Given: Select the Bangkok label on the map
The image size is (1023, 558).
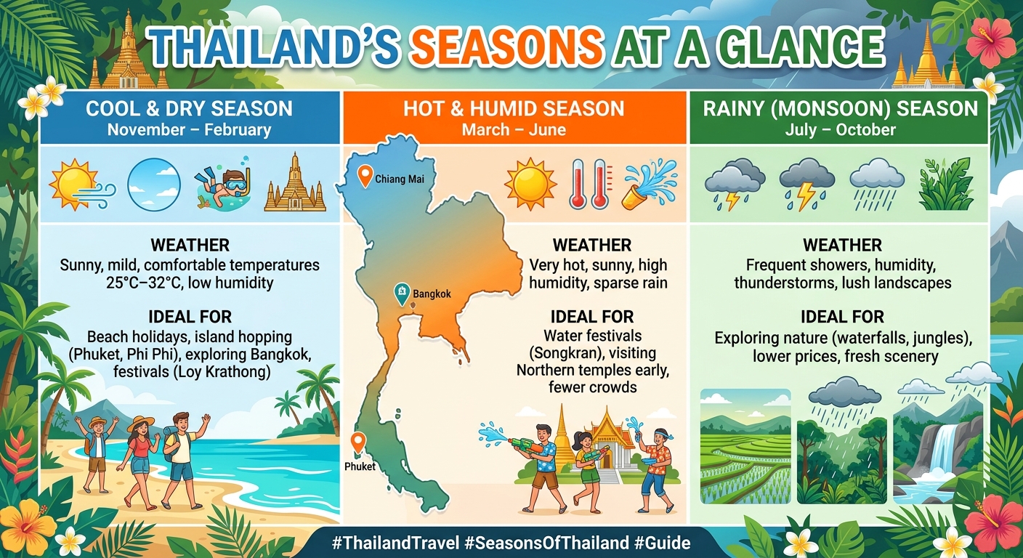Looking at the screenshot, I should [432, 294].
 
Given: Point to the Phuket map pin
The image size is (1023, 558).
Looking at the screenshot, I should [357, 442].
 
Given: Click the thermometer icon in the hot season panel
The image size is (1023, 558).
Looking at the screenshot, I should [590, 185].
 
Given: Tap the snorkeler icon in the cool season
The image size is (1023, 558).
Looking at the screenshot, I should [223, 185].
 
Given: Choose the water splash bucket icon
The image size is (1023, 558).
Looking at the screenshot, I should [649, 185].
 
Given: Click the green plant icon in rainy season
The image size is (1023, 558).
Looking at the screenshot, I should [945, 185].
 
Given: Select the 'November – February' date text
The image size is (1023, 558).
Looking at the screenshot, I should [189, 131].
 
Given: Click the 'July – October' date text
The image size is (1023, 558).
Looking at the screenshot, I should [840, 131].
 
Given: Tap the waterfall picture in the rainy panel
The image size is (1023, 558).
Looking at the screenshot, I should [937, 446].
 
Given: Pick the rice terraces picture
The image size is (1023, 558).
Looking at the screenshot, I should [745, 446].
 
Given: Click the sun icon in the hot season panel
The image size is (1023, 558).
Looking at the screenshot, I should [530, 185].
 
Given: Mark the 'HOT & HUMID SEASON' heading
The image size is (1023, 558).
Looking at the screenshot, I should [514, 109].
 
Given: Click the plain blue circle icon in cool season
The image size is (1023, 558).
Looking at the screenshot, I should [154, 185].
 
